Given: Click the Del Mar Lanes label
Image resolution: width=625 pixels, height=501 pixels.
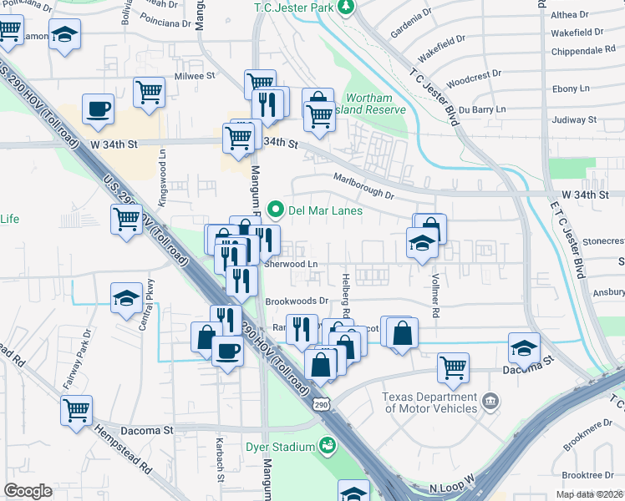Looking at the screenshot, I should pos(325,210).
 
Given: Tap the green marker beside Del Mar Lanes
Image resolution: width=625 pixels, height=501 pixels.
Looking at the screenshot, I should pos(274,210).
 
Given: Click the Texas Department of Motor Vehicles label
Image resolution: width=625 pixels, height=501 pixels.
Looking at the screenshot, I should pos(429,402).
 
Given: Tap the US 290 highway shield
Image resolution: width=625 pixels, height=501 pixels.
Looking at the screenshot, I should pos(323,404).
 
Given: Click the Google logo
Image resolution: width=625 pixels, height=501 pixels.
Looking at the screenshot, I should pos(28,491).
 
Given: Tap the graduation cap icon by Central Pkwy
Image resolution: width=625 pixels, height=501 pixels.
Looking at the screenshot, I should pos(126,296).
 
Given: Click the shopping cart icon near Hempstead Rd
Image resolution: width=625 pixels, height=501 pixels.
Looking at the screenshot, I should pos(76,409).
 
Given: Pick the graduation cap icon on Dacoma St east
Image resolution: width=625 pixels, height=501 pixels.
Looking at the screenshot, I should pos(524,347).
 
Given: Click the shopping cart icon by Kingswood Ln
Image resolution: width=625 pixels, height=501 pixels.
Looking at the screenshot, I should pos(126,220).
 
